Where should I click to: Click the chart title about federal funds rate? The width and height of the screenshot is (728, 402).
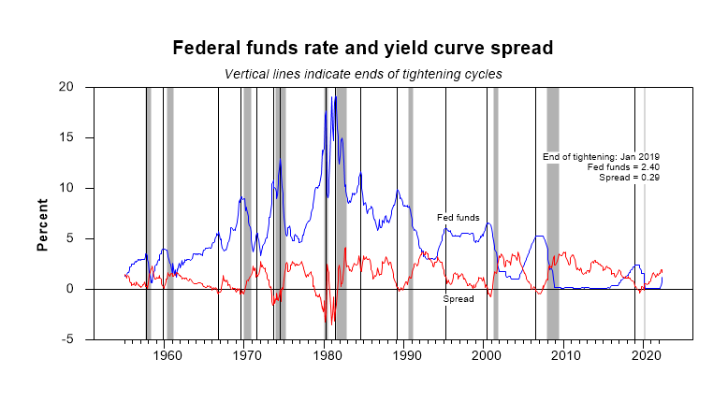tap(364, 48)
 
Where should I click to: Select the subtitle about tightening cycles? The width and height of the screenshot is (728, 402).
tap(364, 73)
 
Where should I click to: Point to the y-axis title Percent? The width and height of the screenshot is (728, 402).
tap(43, 224)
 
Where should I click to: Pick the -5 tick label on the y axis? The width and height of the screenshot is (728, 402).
tap(78, 339)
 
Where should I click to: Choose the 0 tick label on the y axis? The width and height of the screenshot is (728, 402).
tap(81, 289)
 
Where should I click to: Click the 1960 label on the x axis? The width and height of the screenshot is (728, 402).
tap(165, 355)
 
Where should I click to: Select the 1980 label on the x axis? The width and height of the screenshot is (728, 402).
tap(325, 355)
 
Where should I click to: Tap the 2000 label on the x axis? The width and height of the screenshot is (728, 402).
tap(485, 355)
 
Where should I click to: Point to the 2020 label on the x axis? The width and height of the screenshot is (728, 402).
tap(645, 355)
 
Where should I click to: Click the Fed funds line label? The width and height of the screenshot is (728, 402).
tap(459, 218)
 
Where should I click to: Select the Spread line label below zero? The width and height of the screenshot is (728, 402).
tap(459, 299)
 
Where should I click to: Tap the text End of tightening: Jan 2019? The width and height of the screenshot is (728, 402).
tap(602, 156)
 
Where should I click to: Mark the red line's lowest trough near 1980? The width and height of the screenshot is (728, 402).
tap(330, 323)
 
